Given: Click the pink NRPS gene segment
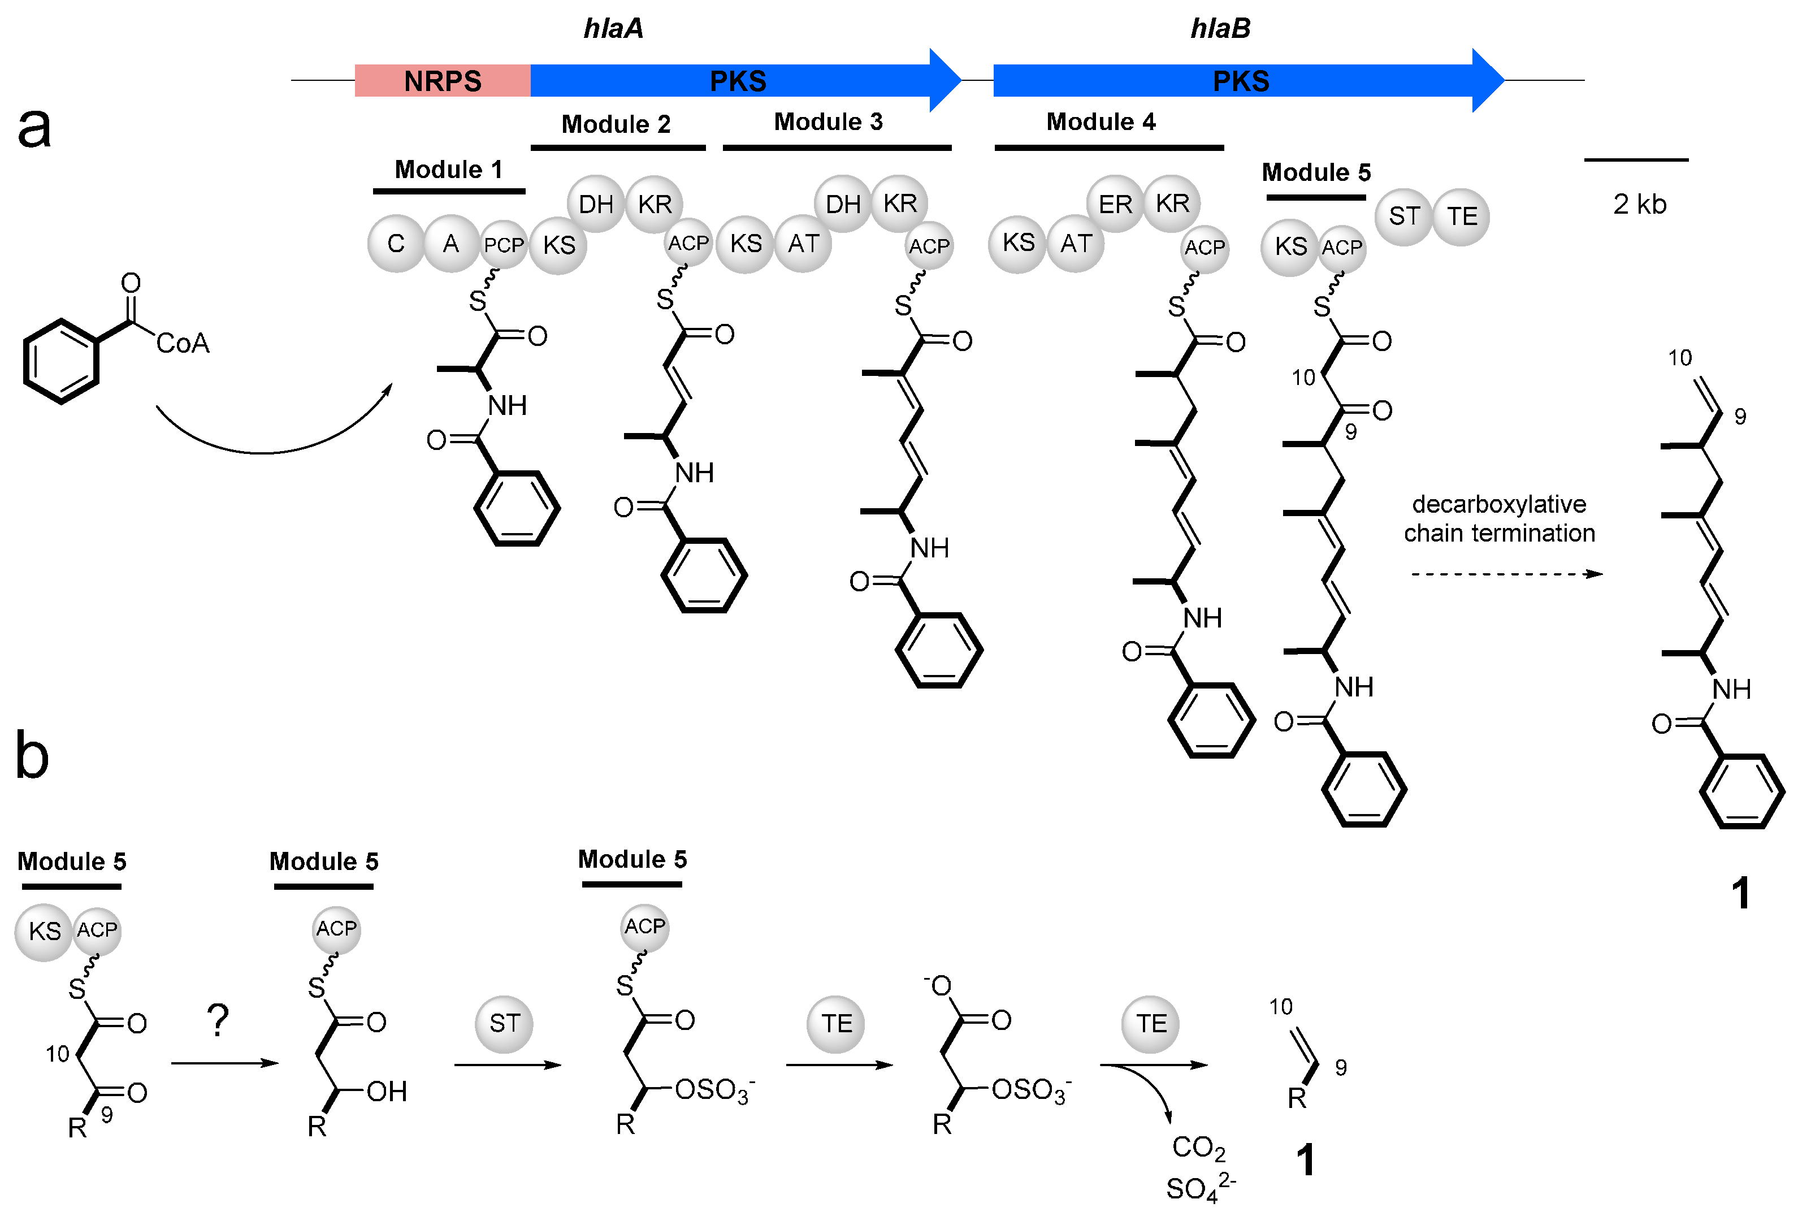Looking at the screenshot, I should (x=442, y=80).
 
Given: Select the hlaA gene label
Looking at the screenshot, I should (x=613, y=29).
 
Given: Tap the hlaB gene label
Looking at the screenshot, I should (x=1219, y=29).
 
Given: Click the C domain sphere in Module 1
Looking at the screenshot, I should (x=396, y=244).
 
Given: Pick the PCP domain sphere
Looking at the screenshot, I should (x=503, y=245).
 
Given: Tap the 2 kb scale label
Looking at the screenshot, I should (x=1639, y=204).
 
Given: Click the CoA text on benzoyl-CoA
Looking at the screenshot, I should (x=183, y=343).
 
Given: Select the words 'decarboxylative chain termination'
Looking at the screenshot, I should (x=1499, y=518).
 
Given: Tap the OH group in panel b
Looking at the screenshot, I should (x=386, y=1092).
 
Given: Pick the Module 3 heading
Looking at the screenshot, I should (x=827, y=122).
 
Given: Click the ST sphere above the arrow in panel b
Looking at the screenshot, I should (x=504, y=1023).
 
